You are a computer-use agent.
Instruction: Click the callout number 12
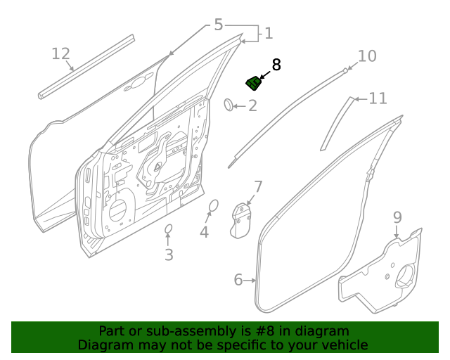tap(61, 53)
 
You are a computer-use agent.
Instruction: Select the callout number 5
tap(218, 25)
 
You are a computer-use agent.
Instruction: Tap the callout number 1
tap(268, 33)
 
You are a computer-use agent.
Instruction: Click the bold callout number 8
tap(276, 65)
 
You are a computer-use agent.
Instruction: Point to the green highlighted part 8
tap(254, 84)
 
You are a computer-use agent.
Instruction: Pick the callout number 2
tap(252, 106)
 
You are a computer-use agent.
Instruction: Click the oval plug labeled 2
tap(229, 105)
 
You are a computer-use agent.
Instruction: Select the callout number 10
tap(368, 56)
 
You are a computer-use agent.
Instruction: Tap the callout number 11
tap(378, 98)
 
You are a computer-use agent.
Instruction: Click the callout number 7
tap(258, 187)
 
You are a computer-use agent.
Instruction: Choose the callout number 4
tap(204, 232)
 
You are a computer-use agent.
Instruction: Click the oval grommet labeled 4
tap(214, 205)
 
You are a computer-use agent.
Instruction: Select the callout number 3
tap(169, 255)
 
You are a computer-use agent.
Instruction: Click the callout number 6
tap(239, 281)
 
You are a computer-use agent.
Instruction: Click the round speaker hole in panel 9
tap(406, 277)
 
